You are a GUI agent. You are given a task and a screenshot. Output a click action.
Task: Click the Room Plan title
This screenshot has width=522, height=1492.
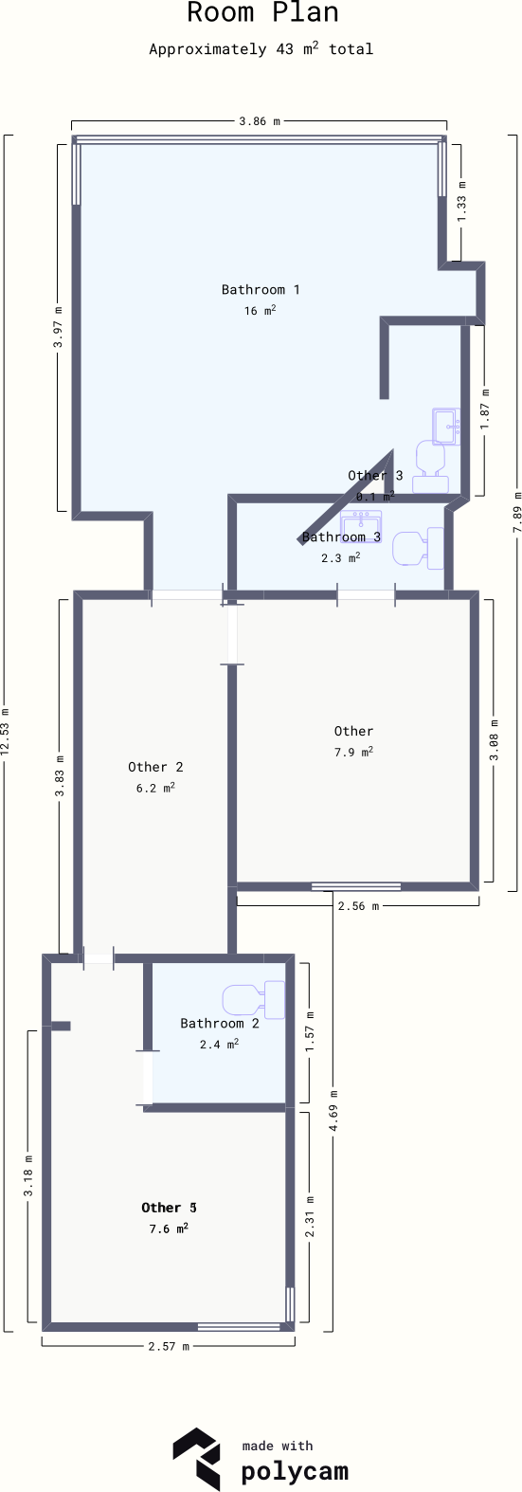coord(261,13)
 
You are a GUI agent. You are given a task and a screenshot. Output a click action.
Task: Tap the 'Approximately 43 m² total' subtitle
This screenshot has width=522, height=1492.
coord(261,49)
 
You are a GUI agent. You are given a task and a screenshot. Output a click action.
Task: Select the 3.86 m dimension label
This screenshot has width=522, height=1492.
coord(260,121)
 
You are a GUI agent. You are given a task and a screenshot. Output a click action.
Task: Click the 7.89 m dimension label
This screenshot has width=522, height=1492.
coord(517,512)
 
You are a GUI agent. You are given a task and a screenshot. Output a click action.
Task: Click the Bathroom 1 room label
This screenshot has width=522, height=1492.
coord(261,289)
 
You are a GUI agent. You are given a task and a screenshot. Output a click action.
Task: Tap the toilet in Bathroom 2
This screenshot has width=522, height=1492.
coord(253,999)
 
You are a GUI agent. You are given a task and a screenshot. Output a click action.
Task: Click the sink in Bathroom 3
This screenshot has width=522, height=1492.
coord(361,523)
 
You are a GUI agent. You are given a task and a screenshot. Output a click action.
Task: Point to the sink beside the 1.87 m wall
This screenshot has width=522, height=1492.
coord(445,427)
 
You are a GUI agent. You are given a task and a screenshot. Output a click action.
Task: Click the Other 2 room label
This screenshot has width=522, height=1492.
coord(155,767)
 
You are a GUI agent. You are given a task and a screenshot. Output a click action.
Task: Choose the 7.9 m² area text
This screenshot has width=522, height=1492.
coord(353,752)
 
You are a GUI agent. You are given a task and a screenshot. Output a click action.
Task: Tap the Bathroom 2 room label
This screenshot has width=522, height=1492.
coord(219,1024)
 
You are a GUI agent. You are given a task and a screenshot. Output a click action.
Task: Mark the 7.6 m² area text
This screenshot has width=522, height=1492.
coord(169,1228)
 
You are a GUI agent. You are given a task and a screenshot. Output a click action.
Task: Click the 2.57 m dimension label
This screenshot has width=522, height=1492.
coord(169,1346)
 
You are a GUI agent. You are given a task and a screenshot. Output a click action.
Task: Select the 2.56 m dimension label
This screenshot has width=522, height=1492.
coord(358,906)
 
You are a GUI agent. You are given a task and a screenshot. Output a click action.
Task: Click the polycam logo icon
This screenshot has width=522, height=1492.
coord(196,1457)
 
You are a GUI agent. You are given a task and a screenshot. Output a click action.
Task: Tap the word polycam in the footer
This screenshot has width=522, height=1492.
coord(295,1472)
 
